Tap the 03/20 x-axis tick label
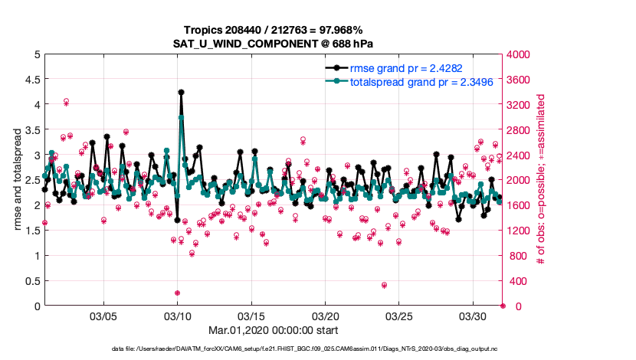(x=325, y=316)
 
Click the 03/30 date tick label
(x=473, y=316)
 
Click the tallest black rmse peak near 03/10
(x=181, y=92)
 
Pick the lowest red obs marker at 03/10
(x=177, y=293)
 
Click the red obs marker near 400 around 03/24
(x=384, y=285)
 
